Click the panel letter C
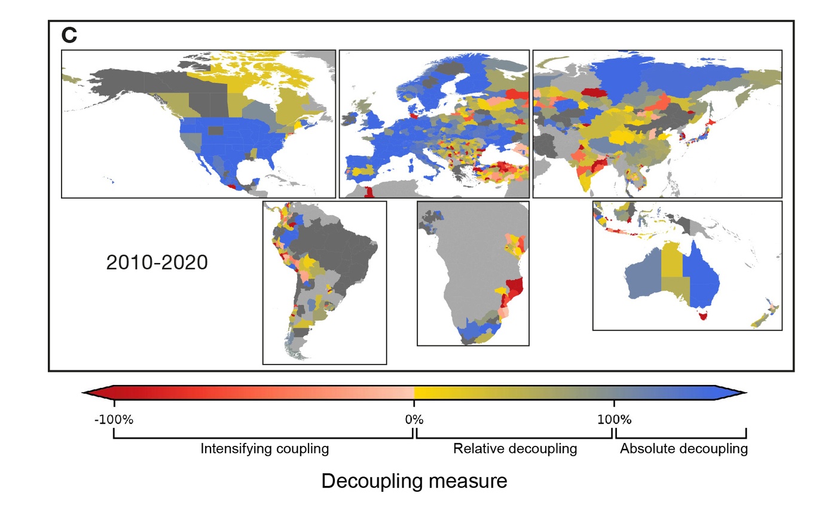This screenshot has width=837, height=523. click(69, 35)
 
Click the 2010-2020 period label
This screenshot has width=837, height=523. click(157, 262)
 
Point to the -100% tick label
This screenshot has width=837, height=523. click(114, 420)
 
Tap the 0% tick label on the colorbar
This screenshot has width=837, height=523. click(414, 420)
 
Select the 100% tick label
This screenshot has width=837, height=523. click(614, 420)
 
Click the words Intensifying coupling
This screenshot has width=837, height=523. click(264, 449)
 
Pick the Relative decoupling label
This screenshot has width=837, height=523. click(515, 449)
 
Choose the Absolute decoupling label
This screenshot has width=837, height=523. click(683, 449)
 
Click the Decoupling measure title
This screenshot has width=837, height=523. click(414, 481)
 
